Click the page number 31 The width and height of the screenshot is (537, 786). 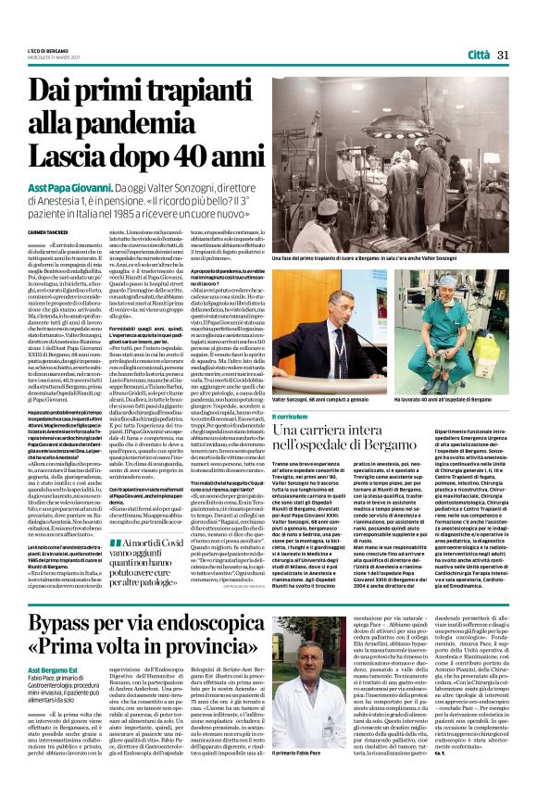click(x=504, y=56)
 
